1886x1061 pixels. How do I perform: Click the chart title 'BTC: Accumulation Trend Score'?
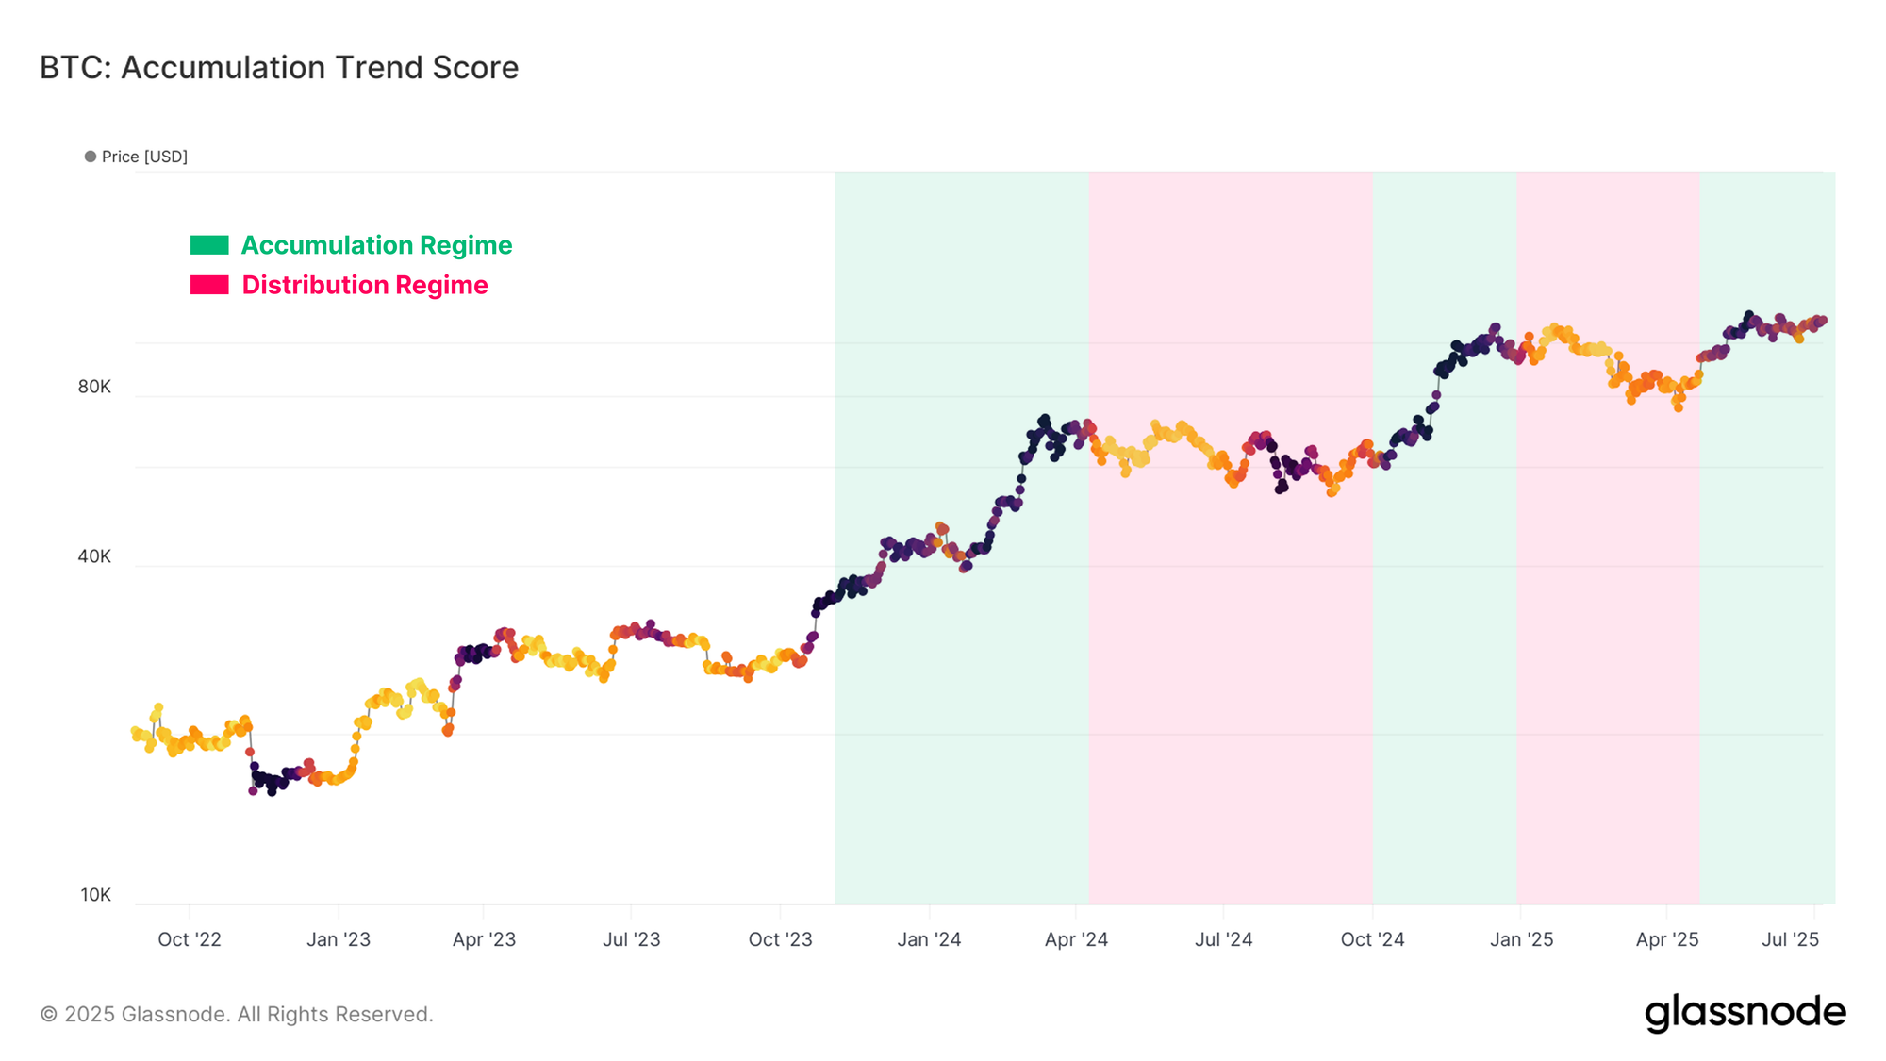279,68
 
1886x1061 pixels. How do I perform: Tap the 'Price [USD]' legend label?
144,157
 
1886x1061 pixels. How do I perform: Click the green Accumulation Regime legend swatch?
209,245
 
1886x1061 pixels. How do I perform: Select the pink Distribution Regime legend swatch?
209,285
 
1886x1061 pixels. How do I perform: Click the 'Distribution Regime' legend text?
365,285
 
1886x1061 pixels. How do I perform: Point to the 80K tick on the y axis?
94,387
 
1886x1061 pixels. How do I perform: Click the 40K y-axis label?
94,556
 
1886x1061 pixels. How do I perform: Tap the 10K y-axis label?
95,895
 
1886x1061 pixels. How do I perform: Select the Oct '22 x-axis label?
190,939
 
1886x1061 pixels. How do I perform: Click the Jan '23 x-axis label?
339,939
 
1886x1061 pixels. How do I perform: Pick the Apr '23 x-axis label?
484,939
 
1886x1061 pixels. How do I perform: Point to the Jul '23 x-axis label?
631,939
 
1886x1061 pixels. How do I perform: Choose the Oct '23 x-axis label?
780,939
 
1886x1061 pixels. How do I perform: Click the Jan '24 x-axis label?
929,939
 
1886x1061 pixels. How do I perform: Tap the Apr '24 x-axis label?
1076,939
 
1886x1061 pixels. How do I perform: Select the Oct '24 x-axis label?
1372,939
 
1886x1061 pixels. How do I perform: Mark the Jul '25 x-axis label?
1790,939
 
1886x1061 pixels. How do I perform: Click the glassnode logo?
1745,1013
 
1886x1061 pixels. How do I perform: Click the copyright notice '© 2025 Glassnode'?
237,1015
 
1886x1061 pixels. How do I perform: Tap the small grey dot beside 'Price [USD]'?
91,157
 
